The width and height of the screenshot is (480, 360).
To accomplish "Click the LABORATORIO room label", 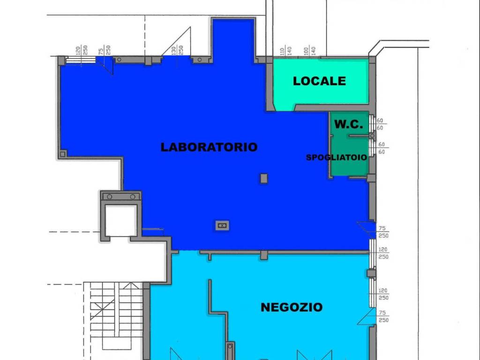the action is pos(209,147).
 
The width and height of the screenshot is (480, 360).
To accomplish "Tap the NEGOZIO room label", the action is pos(292,307).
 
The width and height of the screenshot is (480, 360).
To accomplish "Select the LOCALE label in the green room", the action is pos(319,81).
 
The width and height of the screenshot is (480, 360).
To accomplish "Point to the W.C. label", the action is pos(349,124).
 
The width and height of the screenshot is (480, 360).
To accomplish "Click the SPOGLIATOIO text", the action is pos(337,157).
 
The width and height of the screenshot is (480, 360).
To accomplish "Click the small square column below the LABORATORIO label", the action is pos(264,178).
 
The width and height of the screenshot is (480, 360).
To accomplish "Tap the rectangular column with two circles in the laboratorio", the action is pos(222,225).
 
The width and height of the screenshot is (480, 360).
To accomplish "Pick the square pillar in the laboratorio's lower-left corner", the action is pos(63,154).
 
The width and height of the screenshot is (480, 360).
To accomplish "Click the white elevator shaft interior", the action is pos(120,220).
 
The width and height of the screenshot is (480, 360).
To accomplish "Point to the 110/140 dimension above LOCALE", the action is pos(285,51).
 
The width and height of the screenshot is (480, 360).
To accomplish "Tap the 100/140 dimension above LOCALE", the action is pos(309,51).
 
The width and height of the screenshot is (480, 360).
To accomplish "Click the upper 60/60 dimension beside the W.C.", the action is pos(380,124).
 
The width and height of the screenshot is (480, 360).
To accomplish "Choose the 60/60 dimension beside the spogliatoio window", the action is pos(382,148).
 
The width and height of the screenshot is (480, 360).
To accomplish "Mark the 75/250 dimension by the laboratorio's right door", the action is pos(383,232).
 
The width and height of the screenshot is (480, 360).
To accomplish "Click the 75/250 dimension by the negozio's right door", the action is pos(383,316).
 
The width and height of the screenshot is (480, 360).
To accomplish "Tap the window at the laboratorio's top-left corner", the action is pos(81,60).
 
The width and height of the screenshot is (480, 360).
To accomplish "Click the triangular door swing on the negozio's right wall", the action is pos(367,316).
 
